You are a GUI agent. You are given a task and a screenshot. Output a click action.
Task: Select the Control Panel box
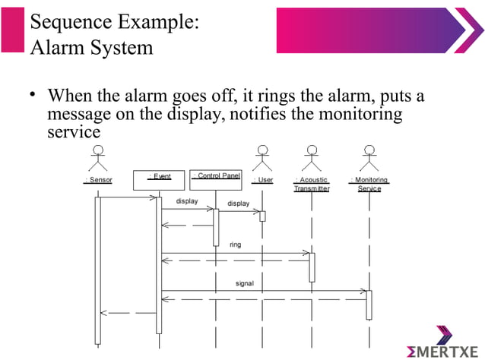(x=215, y=178)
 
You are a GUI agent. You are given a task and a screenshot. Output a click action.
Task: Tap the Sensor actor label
(x=98, y=180)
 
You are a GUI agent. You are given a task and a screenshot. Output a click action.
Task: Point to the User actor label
(x=262, y=180)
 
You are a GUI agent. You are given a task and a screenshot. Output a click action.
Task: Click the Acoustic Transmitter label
(x=312, y=185)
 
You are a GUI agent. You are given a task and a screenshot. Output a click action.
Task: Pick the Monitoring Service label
(x=369, y=185)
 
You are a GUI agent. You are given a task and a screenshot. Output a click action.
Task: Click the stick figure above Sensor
(x=98, y=160)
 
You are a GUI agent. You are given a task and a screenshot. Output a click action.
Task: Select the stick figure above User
(x=262, y=159)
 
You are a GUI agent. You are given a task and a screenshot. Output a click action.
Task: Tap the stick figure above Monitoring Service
(x=369, y=159)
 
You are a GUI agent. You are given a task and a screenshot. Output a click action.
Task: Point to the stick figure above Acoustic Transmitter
(x=311, y=159)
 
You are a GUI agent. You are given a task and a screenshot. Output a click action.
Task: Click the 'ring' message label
(x=236, y=245)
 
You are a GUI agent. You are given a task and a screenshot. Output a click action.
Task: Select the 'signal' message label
(x=244, y=283)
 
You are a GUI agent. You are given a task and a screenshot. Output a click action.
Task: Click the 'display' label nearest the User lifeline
(x=238, y=204)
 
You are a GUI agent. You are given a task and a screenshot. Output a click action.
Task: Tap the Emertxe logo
(x=443, y=346)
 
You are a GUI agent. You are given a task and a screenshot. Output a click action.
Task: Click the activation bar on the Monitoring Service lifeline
(x=369, y=304)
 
